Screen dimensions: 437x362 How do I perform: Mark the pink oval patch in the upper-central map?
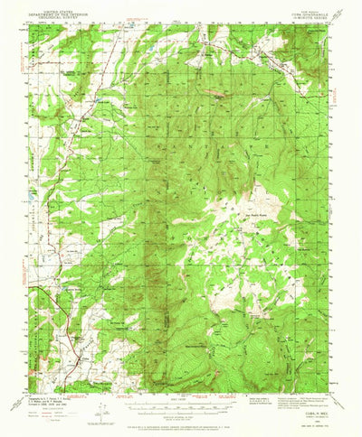pyautogui.click(x=214, y=91)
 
